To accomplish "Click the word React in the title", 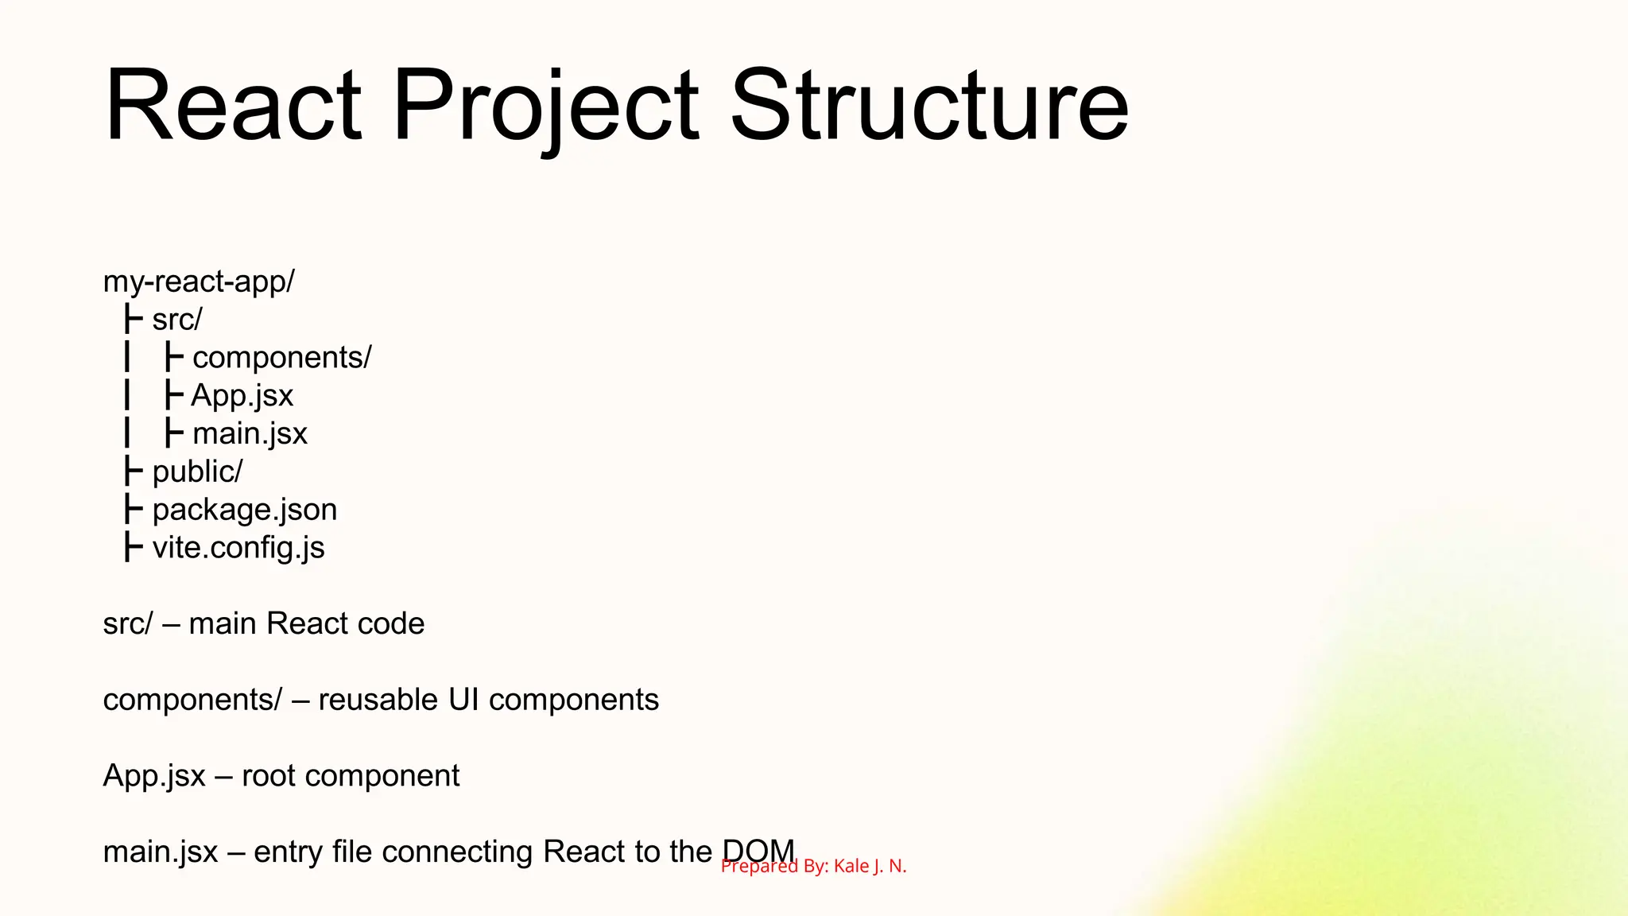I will [233, 106].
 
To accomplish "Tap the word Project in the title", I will [545, 106].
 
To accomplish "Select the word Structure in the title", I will [928, 106].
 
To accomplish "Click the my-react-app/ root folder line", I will [199, 281].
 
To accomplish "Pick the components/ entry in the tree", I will [281, 358].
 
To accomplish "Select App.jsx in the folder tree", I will [242, 396].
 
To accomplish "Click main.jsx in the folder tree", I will [250, 434].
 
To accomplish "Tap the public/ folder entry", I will [197, 472].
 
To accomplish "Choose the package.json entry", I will [244, 510].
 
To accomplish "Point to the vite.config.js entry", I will [238, 548].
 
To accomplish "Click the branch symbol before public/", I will [133, 471].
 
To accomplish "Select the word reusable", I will [378, 701].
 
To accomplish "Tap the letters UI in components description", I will [463, 701].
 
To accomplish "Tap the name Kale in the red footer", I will [851, 867].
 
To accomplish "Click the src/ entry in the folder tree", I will [177, 320].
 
